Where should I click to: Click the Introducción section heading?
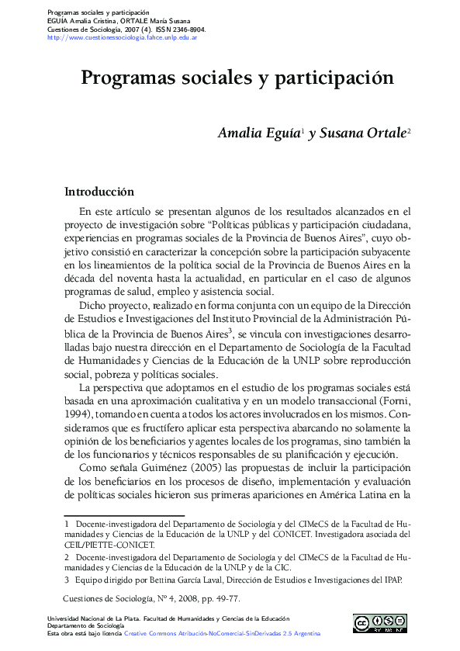[x=99, y=192]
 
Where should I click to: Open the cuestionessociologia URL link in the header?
[x=122, y=36]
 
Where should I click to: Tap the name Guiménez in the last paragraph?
[x=161, y=468]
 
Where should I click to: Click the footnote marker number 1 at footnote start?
[x=67, y=524]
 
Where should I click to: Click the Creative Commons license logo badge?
[x=380, y=624]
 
